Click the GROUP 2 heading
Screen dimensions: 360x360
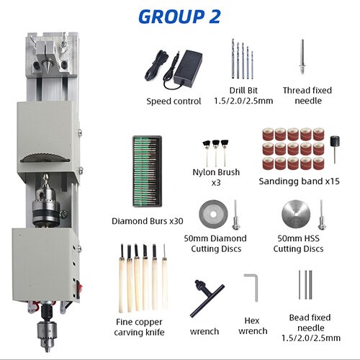click(x=179, y=17)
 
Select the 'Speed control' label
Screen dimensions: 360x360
click(x=174, y=101)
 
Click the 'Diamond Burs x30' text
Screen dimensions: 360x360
click(x=148, y=221)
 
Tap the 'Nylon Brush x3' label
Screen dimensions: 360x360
click(x=217, y=177)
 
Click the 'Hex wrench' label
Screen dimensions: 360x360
click(x=253, y=325)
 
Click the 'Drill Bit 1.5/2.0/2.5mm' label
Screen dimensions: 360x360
click(x=243, y=94)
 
